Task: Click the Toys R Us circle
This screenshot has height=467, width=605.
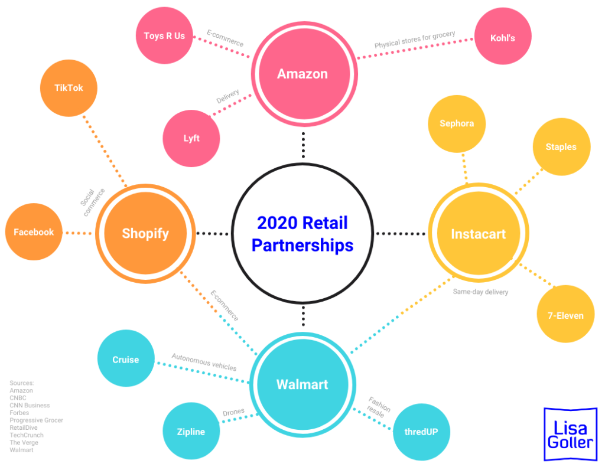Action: coord(164,36)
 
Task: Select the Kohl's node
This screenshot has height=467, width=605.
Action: coord(503,38)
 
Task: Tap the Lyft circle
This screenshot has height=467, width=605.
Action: coord(191,139)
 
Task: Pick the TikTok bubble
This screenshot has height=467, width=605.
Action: coord(69,88)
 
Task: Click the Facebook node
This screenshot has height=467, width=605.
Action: coord(34,232)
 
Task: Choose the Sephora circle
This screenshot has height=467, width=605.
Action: coord(457,124)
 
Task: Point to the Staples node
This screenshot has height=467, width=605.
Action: coord(561,147)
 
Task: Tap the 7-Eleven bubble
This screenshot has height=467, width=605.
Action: coord(565,315)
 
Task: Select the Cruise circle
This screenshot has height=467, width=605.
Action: coord(126,360)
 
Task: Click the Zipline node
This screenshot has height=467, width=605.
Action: coord(191,432)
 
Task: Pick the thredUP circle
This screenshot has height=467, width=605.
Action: coord(421,432)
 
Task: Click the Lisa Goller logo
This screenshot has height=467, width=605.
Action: coord(570,434)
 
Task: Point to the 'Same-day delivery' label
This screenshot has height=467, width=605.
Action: coord(480,292)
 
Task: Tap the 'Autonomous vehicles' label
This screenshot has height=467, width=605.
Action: coord(204,362)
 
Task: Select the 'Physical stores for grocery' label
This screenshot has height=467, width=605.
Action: coord(415,40)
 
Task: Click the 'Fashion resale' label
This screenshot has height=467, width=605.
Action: coord(378,407)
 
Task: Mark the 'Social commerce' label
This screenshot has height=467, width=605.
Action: coord(93,202)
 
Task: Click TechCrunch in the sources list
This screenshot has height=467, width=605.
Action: coord(27,435)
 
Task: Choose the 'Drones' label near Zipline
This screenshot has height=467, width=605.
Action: coord(233,412)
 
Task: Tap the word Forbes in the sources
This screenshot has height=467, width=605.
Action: coord(19,413)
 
